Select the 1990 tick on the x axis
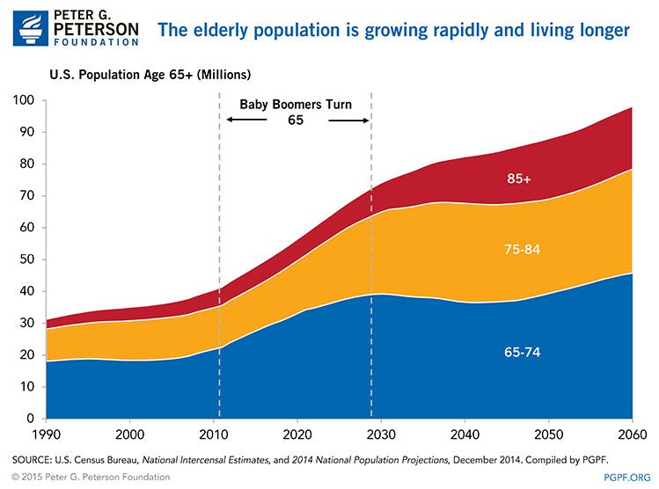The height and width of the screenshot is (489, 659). (x=47, y=434)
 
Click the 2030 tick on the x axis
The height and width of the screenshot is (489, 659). (x=381, y=434)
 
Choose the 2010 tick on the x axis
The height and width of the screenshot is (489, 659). (x=214, y=434)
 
